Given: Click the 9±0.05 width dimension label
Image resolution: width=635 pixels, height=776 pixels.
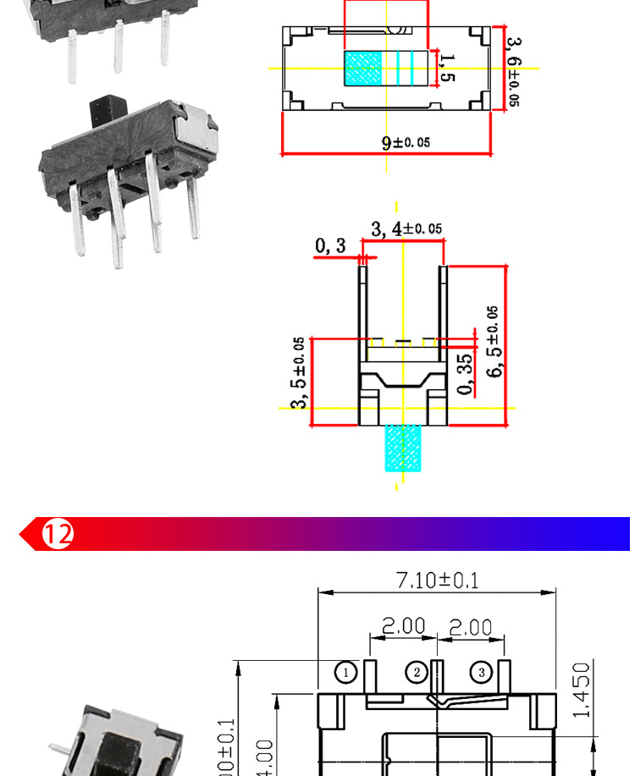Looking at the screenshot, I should (x=405, y=142).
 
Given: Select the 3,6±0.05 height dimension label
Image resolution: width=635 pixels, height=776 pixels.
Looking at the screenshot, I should (x=512, y=71).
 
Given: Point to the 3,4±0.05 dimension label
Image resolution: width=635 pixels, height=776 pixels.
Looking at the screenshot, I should (x=406, y=228).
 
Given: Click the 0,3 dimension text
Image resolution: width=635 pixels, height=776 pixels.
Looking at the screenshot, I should (x=330, y=245).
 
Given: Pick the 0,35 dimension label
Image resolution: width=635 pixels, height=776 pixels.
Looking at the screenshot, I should (x=465, y=374).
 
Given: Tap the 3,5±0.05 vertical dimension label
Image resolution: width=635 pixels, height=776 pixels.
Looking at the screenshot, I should (x=299, y=372).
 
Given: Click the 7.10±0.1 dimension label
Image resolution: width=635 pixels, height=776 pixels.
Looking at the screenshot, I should (x=437, y=580).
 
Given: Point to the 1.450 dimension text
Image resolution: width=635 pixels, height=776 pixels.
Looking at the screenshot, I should (x=581, y=689).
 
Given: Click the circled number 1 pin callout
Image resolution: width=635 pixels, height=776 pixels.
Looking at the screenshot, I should (x=345, y=672).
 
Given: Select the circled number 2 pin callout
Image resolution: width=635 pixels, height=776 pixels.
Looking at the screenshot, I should (x=417, y=672).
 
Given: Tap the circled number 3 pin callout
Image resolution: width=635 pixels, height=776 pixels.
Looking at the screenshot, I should (x=481, y=672).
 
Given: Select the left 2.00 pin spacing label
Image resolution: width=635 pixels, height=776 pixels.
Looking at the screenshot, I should (x=402, y=626).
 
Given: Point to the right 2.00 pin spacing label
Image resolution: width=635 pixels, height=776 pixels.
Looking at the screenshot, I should (x=470, y=626).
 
